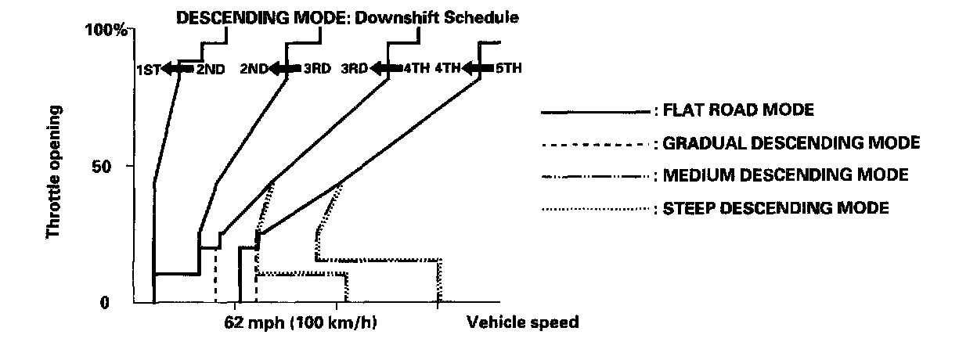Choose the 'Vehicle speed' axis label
point(523,322)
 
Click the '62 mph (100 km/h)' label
point(301,322)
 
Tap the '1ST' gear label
point(149,70)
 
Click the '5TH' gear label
point(508,69)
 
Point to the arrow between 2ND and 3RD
point(285,69)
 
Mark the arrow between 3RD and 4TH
point(386,69)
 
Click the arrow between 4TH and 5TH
point(478,69)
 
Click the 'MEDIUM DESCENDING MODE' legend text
point(785,175)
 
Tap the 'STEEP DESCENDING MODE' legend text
point(776,208)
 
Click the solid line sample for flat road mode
point(596,111)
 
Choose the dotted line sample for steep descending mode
point(596,209)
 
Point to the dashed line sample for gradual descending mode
point(596,144)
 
